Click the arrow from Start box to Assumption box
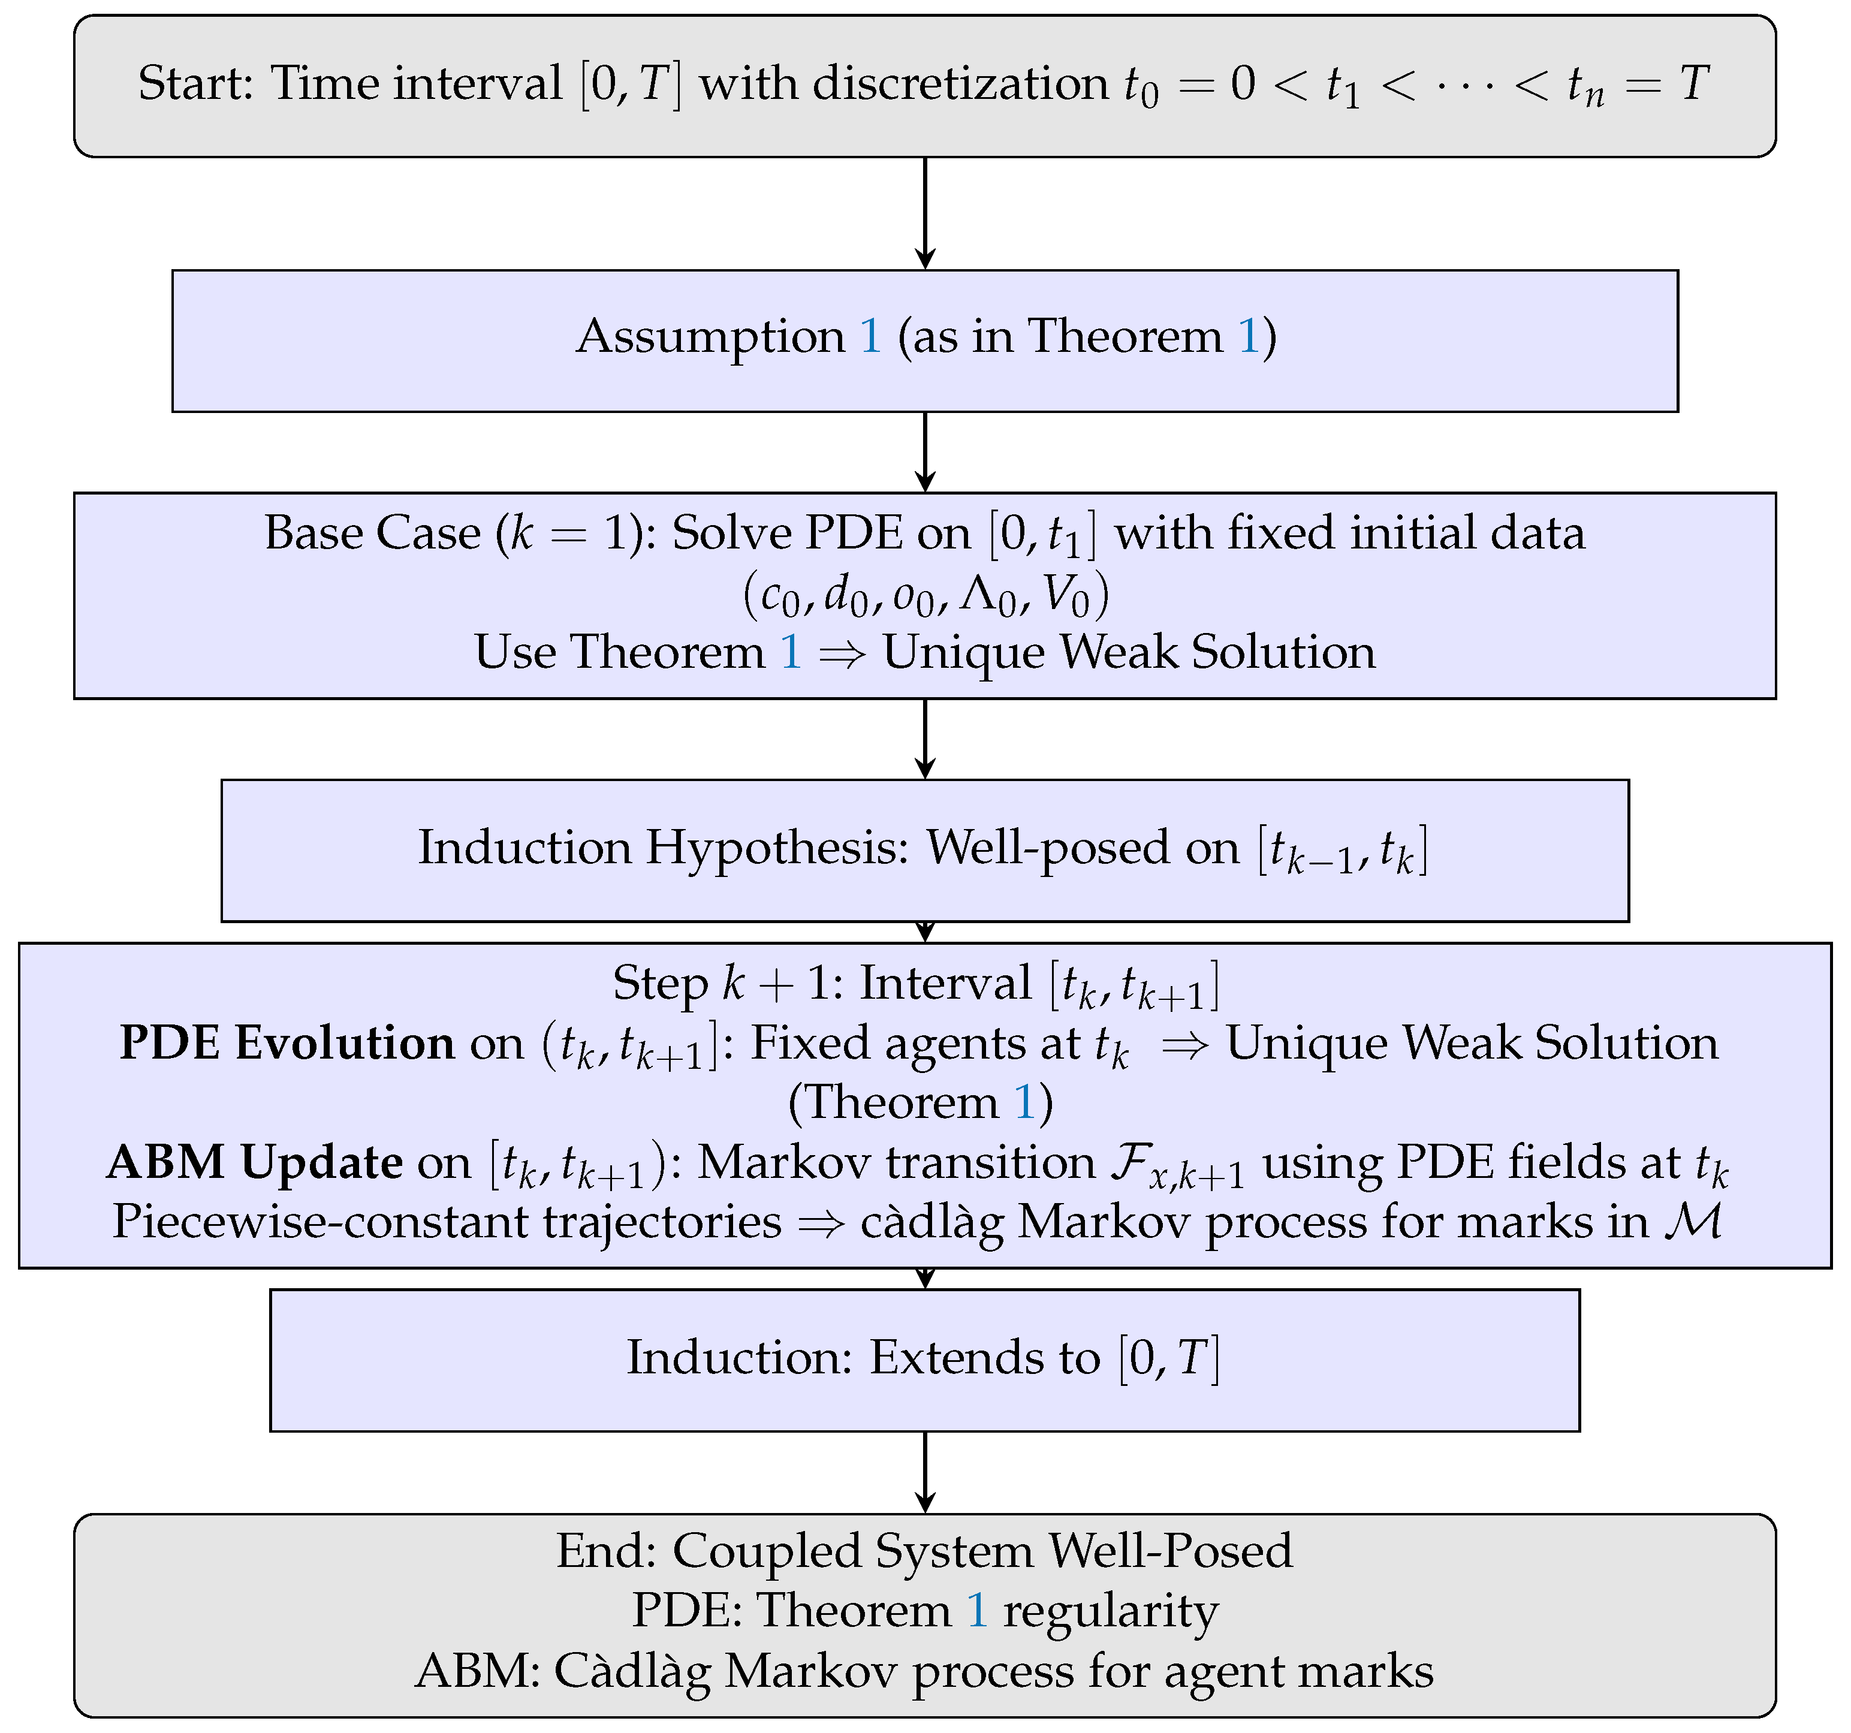[924, 213]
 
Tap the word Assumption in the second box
[710, 337]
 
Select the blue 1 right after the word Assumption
[870, 337]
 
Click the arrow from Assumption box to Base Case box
[924, 451]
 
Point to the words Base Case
[372, 534]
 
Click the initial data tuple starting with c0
[924, 594]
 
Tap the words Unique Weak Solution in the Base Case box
[1129, 652]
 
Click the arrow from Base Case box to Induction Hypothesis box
[924, 739]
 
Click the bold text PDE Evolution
[287, 1043]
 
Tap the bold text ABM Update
[254, 1162]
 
